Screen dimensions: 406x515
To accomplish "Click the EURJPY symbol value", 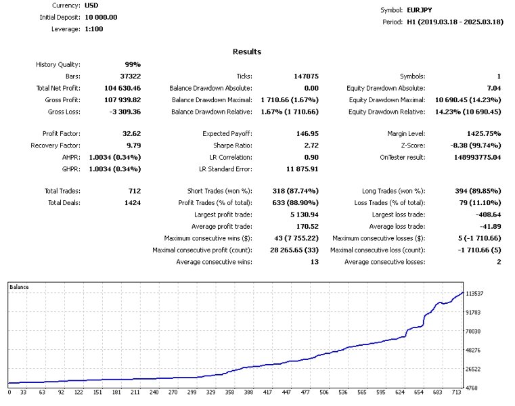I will [420, 10].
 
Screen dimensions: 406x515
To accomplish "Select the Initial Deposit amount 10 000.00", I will [101, 17].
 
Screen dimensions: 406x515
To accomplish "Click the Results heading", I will [247, 51].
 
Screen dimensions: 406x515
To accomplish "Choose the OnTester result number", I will [468, 157].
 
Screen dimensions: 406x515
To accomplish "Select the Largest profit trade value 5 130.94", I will [299, 215].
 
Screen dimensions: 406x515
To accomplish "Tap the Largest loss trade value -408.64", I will [486, 215].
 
